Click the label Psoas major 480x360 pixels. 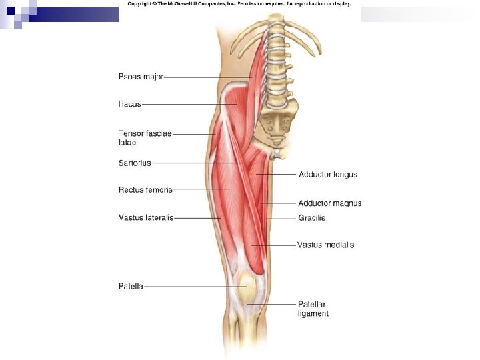141,77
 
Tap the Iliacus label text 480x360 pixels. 129,104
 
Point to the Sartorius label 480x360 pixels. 135,162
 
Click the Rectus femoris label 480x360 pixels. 145,189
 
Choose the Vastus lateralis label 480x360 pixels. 146,217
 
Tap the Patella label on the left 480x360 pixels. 131,286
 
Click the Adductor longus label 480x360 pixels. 327,175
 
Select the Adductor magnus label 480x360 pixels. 329,203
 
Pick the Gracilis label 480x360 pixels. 311,218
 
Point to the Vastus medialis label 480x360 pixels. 325,245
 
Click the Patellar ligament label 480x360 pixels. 313,308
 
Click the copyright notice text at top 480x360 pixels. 239,4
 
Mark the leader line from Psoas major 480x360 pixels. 207,77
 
